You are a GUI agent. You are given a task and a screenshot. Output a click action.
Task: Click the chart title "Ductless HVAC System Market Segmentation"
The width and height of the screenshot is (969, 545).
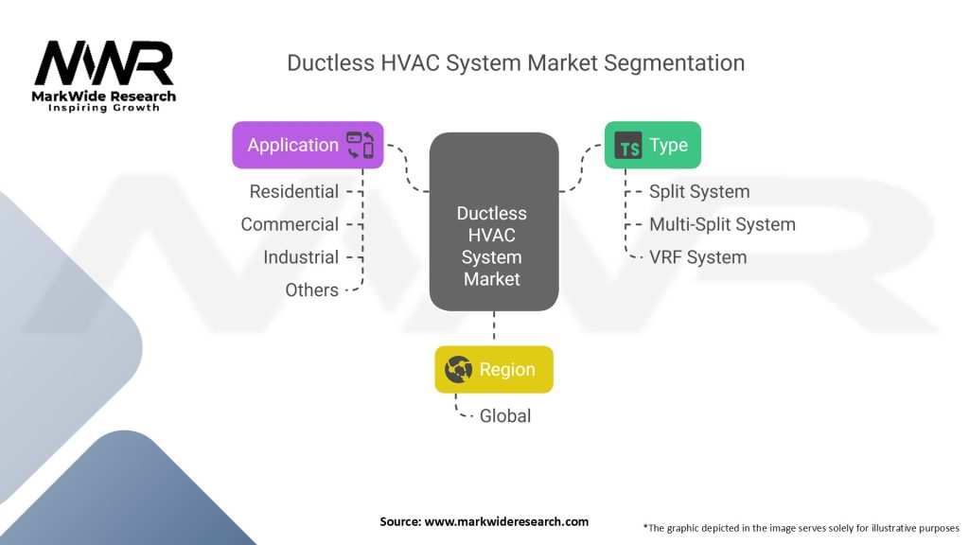(x=516, y=63)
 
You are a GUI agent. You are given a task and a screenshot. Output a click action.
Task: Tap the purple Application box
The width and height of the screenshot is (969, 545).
(x=308, y=145)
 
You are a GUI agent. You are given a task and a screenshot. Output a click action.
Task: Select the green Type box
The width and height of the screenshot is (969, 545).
(x=652, y=146)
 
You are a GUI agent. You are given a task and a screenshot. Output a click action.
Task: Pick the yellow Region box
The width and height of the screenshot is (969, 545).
(x=493, y=370)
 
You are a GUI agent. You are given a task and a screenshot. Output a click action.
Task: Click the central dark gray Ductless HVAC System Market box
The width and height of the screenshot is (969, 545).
(x=492, y=222)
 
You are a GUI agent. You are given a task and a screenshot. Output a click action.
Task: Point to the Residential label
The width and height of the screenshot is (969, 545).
(x=293, y=191)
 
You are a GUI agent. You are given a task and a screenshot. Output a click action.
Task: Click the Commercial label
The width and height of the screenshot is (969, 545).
(x=290, y=224)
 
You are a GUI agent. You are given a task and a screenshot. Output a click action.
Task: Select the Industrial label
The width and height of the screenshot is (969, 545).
(x=300, y=257)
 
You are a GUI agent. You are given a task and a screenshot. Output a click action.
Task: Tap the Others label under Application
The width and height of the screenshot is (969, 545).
(x=311, y=290)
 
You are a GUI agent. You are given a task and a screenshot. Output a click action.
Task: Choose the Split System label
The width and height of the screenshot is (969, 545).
(x=699, y=191)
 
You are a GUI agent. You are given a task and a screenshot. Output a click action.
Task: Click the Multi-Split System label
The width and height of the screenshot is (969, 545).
(x=722, y=224)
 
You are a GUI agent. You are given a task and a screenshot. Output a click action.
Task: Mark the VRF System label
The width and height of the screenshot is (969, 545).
(x=697, y=257)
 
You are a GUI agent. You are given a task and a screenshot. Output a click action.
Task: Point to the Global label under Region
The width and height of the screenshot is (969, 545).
(x=505, y=415)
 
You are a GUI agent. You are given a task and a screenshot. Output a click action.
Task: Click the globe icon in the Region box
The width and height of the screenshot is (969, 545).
(x=459, y=370)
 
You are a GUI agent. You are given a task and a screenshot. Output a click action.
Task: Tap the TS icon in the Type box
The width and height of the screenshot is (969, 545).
(x=628, y=147)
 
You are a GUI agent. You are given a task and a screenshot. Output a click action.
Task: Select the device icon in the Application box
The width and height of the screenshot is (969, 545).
(x=361, y=145)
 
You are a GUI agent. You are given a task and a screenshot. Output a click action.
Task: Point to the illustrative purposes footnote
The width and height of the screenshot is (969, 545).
(x=801, y=527)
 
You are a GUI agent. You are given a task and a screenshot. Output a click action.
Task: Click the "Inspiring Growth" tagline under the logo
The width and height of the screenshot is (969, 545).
(x=104, y=108)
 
